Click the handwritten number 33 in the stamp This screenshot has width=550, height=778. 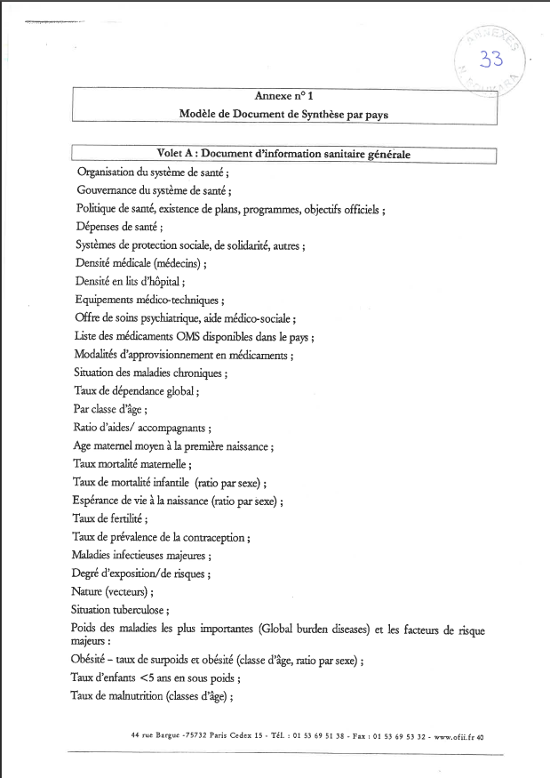pos(490,60)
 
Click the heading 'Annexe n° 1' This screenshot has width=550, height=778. pos(283,95)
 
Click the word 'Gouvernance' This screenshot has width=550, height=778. pos(108,190)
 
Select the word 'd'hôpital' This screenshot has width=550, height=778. pos(162,282)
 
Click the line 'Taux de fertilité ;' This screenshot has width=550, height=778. pos(109,518)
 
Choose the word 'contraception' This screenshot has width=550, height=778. pos(212,537)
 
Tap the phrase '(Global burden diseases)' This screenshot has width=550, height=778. pos(304,630)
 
